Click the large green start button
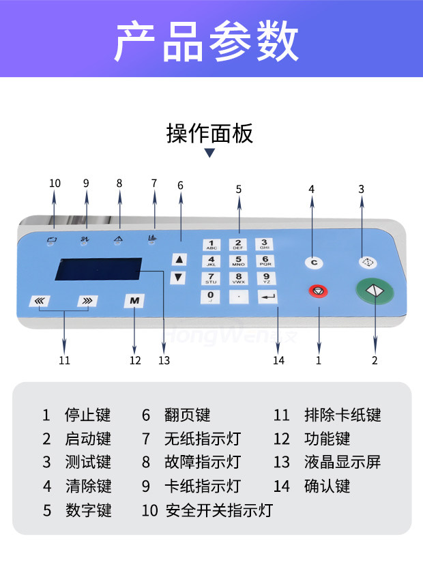click(x=375, y=291)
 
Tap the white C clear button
click(x=314, y=262)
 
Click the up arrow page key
click(x=179, y=259)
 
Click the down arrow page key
click(x=179, y=278)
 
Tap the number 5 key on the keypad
click(x=238, y=261)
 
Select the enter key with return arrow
click(x=267, y=297)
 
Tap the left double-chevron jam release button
click(x=40, y=301)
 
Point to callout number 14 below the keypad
click(x=278, y=360)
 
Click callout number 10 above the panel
click(x=55, y=183)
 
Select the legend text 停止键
click(x=87, y=415)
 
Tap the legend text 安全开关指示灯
click(x=219, y=510)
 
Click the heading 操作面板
click(x=209, y=133)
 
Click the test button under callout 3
click(x=366, y=262)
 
